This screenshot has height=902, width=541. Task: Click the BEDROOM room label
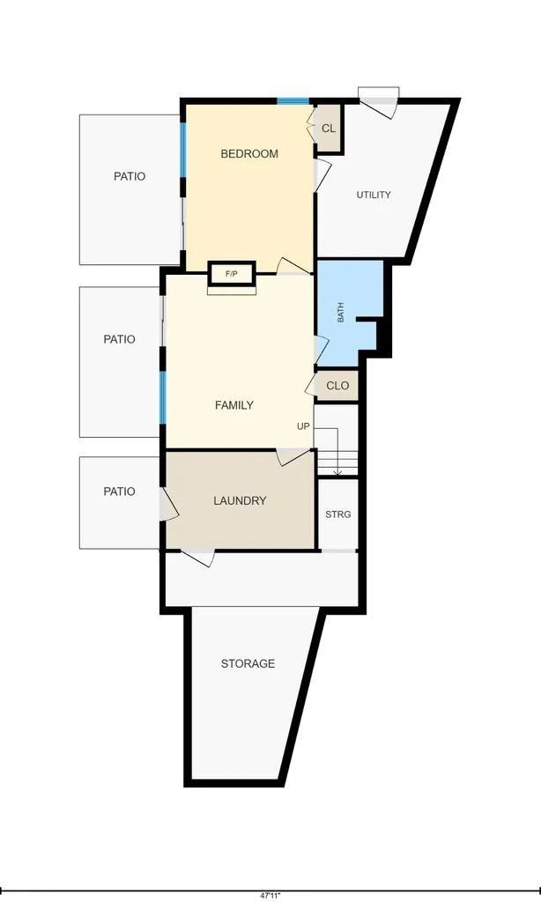pos(249,153)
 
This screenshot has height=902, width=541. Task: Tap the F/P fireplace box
pos(232,274)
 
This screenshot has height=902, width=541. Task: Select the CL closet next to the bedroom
pos(329,129)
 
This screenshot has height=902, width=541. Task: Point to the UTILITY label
pos(374,195)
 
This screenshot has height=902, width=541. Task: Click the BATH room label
pos(341,313)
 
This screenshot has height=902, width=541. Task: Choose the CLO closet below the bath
pos(337,386)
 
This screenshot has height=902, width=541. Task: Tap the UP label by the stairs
pos(303,426)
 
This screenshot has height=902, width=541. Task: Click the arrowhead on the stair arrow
pos(337,473)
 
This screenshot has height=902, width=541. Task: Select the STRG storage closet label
pos(337,514)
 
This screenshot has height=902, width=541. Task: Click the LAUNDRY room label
pos(240,500)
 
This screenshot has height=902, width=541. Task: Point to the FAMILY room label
pos(234,405)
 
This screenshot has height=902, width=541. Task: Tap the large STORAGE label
pos(248,663)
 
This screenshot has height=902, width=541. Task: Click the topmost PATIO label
pos(130,176)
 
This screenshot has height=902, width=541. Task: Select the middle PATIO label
pos(119,339)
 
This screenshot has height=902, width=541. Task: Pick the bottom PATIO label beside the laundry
pos(119,492)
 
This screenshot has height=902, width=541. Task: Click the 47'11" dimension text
pos(270,895)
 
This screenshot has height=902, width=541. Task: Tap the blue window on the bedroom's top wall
pos(293,102)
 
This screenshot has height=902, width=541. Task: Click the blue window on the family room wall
pos(163,398)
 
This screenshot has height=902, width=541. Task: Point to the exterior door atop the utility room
pos(379,102)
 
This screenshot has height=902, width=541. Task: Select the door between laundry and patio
pos(168,506)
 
